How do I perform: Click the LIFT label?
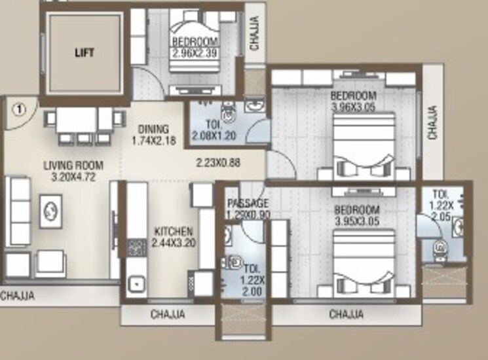tap(84, 53)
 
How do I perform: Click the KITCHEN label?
tap(173, 231)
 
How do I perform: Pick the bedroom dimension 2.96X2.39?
tap(195, 52)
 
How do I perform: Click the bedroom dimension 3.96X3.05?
tap(353, 107)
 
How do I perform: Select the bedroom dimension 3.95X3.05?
tap(357, 221)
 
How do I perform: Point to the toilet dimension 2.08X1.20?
tap(214, 135)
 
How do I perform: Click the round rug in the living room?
tap(50, 211)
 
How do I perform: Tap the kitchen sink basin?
tap(137, 285)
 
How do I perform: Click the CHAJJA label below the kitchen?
tap(168, 314)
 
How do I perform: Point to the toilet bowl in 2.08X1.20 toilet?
tap(228, 113)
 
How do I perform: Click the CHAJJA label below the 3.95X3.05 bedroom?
tap(347, 314)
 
